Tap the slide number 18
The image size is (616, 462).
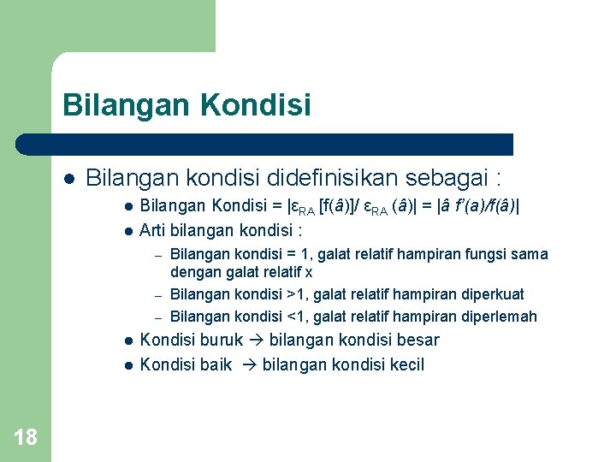click(x=26, y=438)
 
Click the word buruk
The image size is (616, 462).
click(x=222, y=340)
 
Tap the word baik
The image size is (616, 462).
click(x=216, y=365)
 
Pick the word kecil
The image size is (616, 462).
click(x=406, y=365)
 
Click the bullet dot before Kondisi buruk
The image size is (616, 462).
click(x=127, y=341)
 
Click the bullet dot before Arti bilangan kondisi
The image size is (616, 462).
click(x=127, y=231)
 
